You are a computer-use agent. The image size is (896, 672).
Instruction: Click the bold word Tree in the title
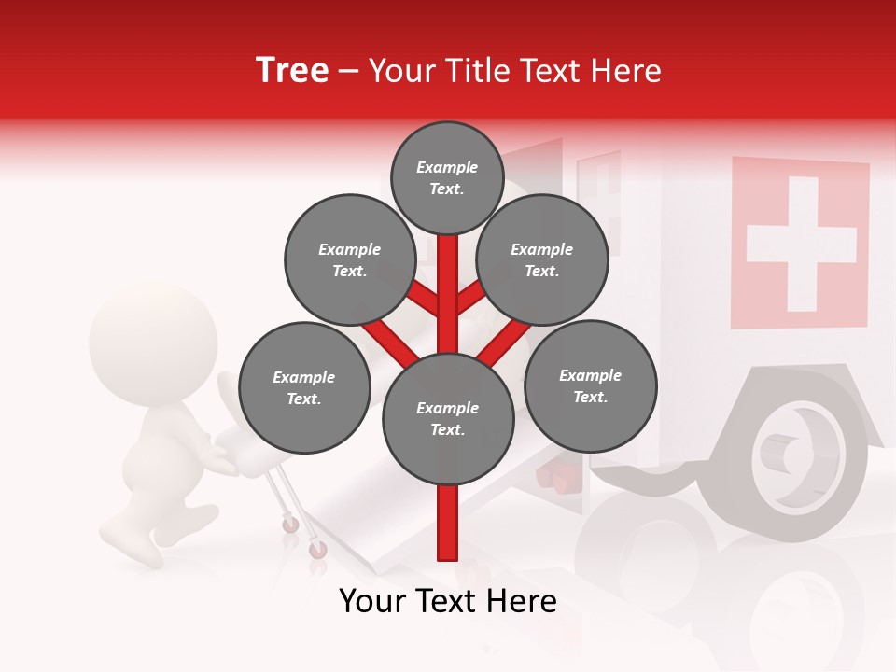pyautogui.click(x=292, y=71)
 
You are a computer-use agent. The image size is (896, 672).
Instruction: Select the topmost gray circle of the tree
pyautogui.click(x=447, y=177)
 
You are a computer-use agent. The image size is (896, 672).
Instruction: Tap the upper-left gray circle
pyautogui.click(x=349, y=259)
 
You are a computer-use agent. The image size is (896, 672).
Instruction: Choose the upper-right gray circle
pyautogui.click(x=542, y=259)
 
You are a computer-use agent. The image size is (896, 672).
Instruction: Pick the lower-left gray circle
pyautogui.click(x=304, y=387)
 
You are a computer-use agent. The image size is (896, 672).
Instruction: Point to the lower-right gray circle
pyautogui.click(x=590, y=385)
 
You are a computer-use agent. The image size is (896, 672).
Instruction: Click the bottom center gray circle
pyautogui.click(x=447, y=418)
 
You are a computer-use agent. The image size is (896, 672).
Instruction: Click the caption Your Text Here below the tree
pyautogui.click(x=447, y=601)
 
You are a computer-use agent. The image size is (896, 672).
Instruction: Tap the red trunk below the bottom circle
pyautogui.click(x=447, y=523)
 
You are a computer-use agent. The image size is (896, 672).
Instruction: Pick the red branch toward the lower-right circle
pyautogui.click(x=504, y=343)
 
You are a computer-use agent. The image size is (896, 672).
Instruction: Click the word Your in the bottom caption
pyautogui.click(x=372, y=601)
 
